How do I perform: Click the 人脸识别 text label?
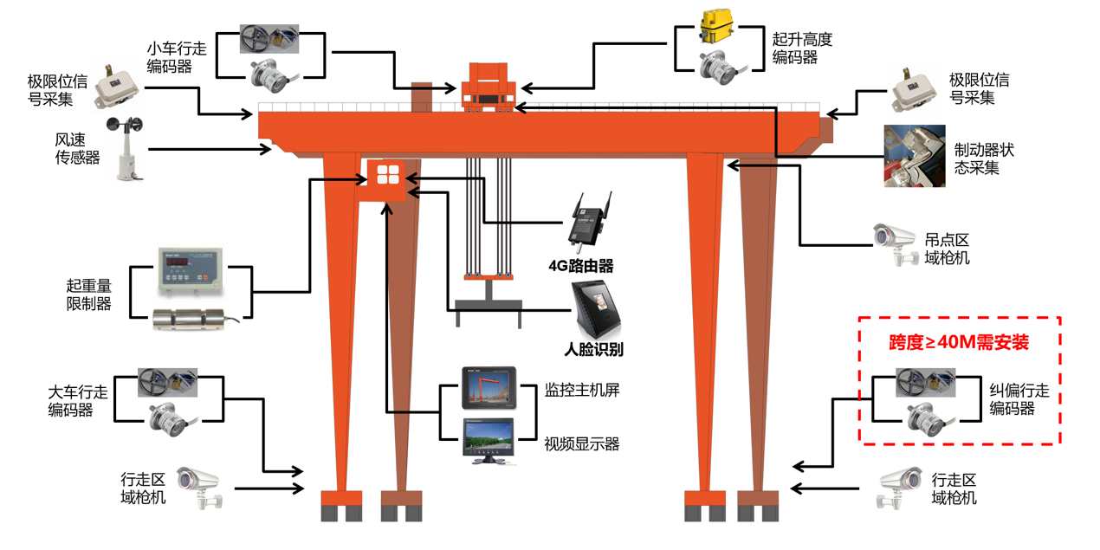click(x=593, y=350)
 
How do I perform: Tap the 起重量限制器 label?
click(x=89, y=294)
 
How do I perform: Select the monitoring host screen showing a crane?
click(x=488, y=388)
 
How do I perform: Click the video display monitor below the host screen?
click(x=488, y=440)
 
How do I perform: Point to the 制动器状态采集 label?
click(x=983, y=159)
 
